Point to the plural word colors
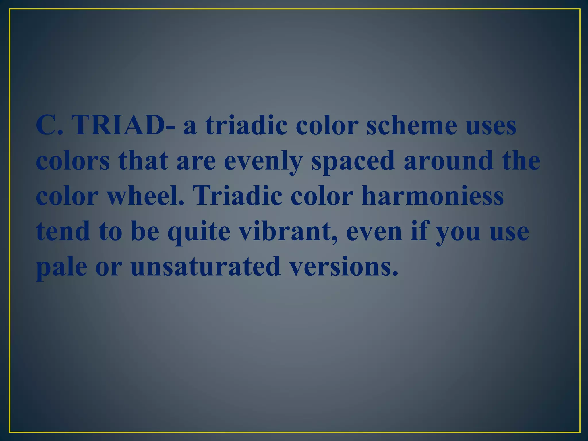click(x=73, y=161)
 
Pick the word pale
click(x=62, y=267)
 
